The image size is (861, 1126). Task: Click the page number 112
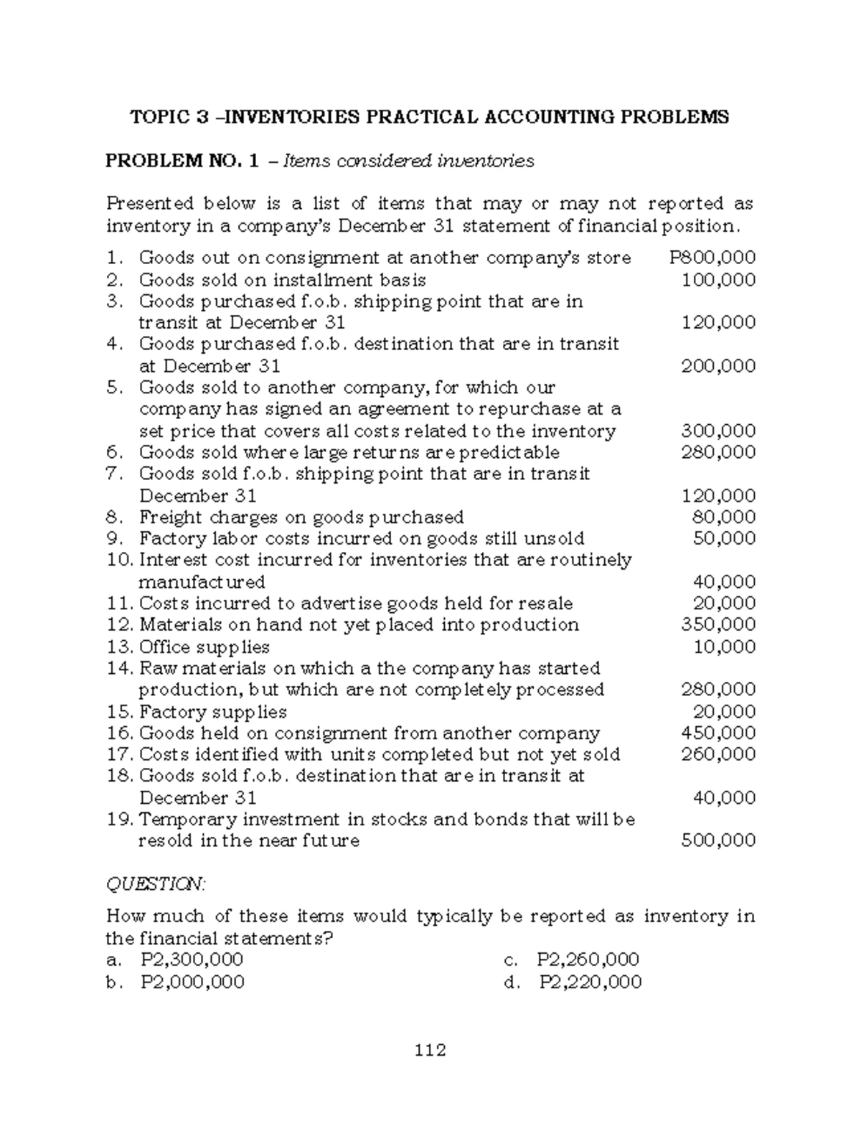click(430, 1051)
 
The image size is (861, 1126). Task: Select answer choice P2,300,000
click(192, 960)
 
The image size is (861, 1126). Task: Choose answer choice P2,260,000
click(588, 960)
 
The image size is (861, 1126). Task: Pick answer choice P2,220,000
click(591, 982)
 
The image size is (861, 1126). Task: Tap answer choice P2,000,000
click(192, 982)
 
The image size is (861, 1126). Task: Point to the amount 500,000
click(717, 840)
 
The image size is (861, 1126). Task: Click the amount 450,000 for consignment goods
click(717, 733)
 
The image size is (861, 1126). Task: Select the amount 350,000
click(717, 624)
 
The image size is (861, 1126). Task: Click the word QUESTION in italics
click(156, 884)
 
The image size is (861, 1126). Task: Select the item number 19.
click(119, 819)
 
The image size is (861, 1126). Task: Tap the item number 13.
click(119, 647)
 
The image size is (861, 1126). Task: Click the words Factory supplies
click(212, 712)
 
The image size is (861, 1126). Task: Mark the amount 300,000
click(717, 431)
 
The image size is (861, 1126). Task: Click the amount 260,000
click(717, 754)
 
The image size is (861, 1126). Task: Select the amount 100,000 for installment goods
click(717, 279)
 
